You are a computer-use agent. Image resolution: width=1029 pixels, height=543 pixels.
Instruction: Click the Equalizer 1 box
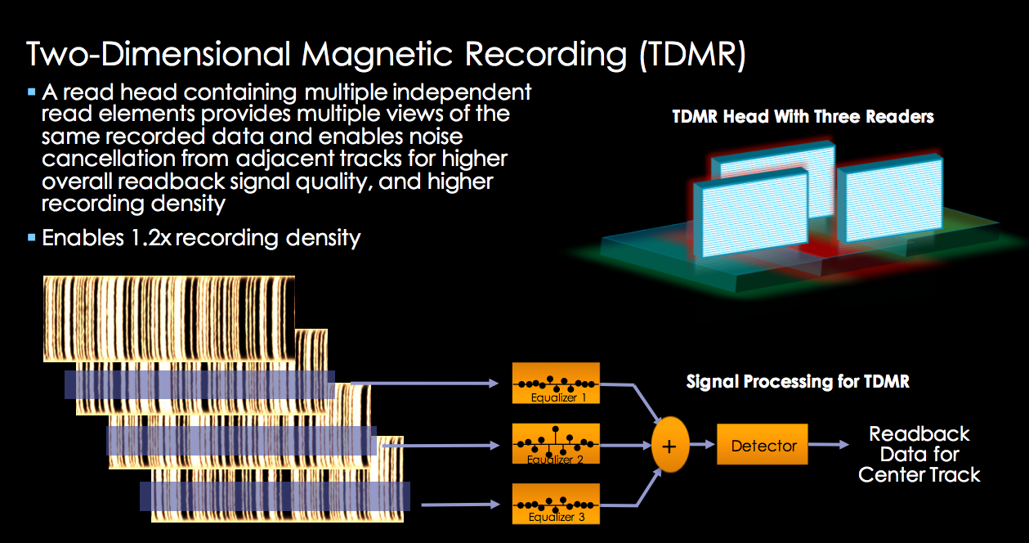point(555,383)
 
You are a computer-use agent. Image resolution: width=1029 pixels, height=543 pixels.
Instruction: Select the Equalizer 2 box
point(555,445)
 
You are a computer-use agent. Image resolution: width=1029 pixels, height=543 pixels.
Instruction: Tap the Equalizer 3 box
point(555,504)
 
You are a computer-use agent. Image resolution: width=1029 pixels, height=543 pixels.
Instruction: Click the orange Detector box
point(763,445)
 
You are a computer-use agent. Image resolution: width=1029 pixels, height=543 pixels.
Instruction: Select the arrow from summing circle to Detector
point(701,446)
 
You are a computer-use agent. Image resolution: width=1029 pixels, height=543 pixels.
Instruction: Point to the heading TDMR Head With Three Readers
point(803,117)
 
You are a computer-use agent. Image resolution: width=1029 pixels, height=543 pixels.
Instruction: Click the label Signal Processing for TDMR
point(798,382)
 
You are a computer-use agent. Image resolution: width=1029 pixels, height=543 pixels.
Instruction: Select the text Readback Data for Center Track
point(919,454)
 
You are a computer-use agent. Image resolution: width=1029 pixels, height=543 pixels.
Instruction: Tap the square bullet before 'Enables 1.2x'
point(32,238)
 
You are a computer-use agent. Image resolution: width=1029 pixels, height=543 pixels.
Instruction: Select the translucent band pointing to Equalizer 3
point(275,496)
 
